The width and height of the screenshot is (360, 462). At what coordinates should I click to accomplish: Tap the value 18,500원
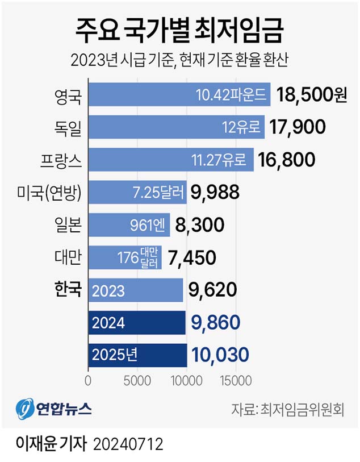[311, 95]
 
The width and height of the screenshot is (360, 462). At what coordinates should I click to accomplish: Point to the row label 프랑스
[63, 160]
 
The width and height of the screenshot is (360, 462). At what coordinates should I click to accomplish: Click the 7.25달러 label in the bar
[158, 193]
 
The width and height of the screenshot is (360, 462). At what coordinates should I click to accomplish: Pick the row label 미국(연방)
[51, 193]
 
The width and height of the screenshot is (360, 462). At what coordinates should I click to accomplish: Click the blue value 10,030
[221, 355]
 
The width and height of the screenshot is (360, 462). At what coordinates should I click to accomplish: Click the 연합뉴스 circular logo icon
[24, 409]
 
